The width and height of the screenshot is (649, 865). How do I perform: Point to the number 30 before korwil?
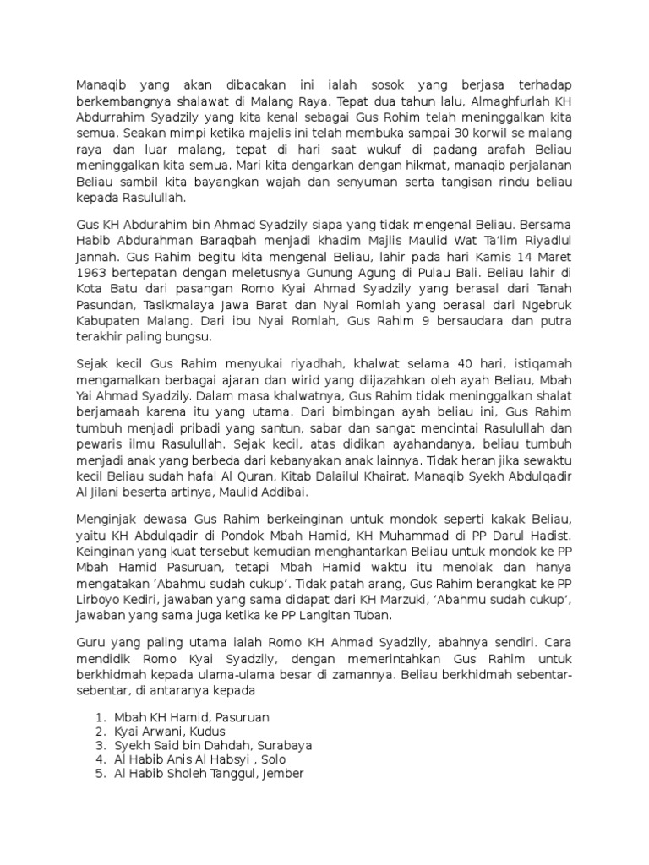tap(459, 133)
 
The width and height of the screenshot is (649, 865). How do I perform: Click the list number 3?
tap(100, 745)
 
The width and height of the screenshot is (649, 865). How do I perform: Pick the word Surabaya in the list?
tap(280, 745)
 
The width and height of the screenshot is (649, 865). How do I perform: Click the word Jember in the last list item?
tap(283, 774)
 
